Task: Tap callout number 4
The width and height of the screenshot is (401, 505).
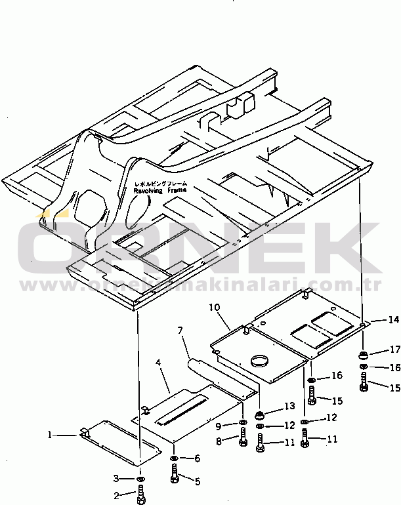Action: click(158, 362)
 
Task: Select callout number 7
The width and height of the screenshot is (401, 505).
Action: click(180, 330)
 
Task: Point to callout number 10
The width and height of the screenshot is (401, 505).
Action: click(214, 306)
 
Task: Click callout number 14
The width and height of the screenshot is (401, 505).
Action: click(393, 320)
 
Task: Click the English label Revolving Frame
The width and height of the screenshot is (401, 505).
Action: click(160, 190)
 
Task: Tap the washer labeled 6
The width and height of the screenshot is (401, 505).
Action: click(174, 458)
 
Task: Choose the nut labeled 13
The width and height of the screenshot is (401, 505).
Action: click(261, 414)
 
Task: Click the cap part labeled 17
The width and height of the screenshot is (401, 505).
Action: click(362, 355)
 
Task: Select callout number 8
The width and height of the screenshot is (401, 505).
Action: click(219, 441)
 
